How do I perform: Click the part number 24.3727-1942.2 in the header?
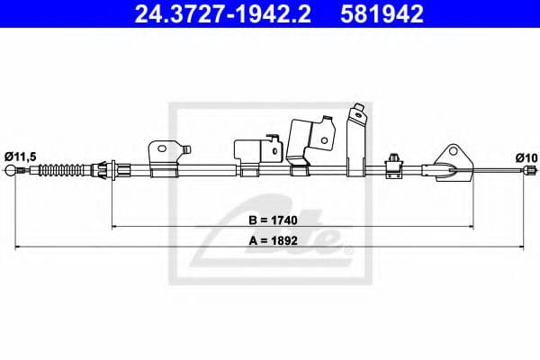(x=223, y=14)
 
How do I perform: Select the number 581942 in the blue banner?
(x=382, y=14)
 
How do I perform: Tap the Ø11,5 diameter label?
(x=21, y=157)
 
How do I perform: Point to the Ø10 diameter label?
(x=526, y=158)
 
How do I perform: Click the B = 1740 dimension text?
(x=273, y=220)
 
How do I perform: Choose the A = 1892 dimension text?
(x=273, y=240)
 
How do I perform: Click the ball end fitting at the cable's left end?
(x=10, y=170)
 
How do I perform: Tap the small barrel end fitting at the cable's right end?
(x=530, y=170)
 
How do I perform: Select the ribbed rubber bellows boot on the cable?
(x=61, y=170)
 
